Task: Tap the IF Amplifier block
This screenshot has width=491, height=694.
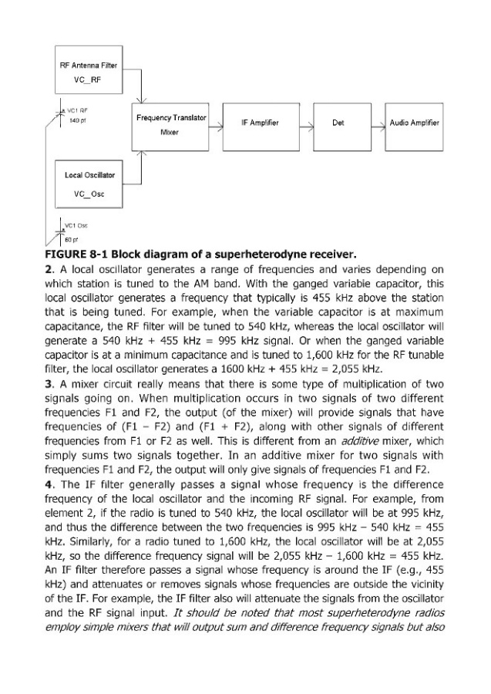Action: click(x=260, y=123)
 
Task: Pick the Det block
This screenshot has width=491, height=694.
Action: click(x=337, y=123)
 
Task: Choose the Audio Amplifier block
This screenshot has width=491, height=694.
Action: click(x=414, y=123)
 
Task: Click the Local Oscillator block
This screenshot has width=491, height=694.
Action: click(x=89, y=182)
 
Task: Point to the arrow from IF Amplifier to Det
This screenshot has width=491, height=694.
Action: click(x=305, y=123)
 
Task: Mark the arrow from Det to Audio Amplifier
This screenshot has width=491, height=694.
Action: click(x=378, y=123)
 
